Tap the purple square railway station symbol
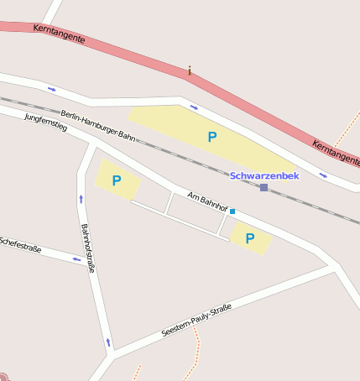(263, 187)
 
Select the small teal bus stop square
(232, 211)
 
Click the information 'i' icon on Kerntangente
(190, 70)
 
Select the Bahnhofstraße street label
(87, 248)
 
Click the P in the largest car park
(212, 136)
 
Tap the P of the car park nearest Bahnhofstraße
(117, 180)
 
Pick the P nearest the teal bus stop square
(250, 238)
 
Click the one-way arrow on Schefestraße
(76, 258)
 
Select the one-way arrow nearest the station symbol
(323, 175)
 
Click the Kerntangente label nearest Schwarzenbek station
(335, 151)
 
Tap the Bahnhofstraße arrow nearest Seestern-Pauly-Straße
(107, 342)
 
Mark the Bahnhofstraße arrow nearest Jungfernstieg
(81, 199)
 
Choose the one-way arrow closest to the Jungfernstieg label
(52, 88)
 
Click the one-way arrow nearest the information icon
(194, 107)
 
